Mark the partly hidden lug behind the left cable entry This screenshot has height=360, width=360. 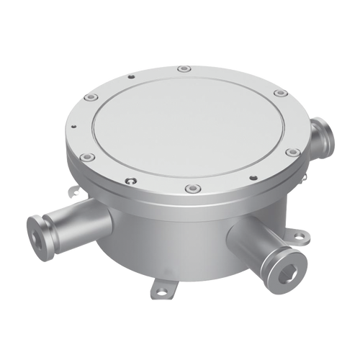coord(74,191)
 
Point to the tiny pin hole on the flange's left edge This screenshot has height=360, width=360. coord(73,130)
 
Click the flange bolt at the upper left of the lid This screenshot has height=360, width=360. coord(90,97)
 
